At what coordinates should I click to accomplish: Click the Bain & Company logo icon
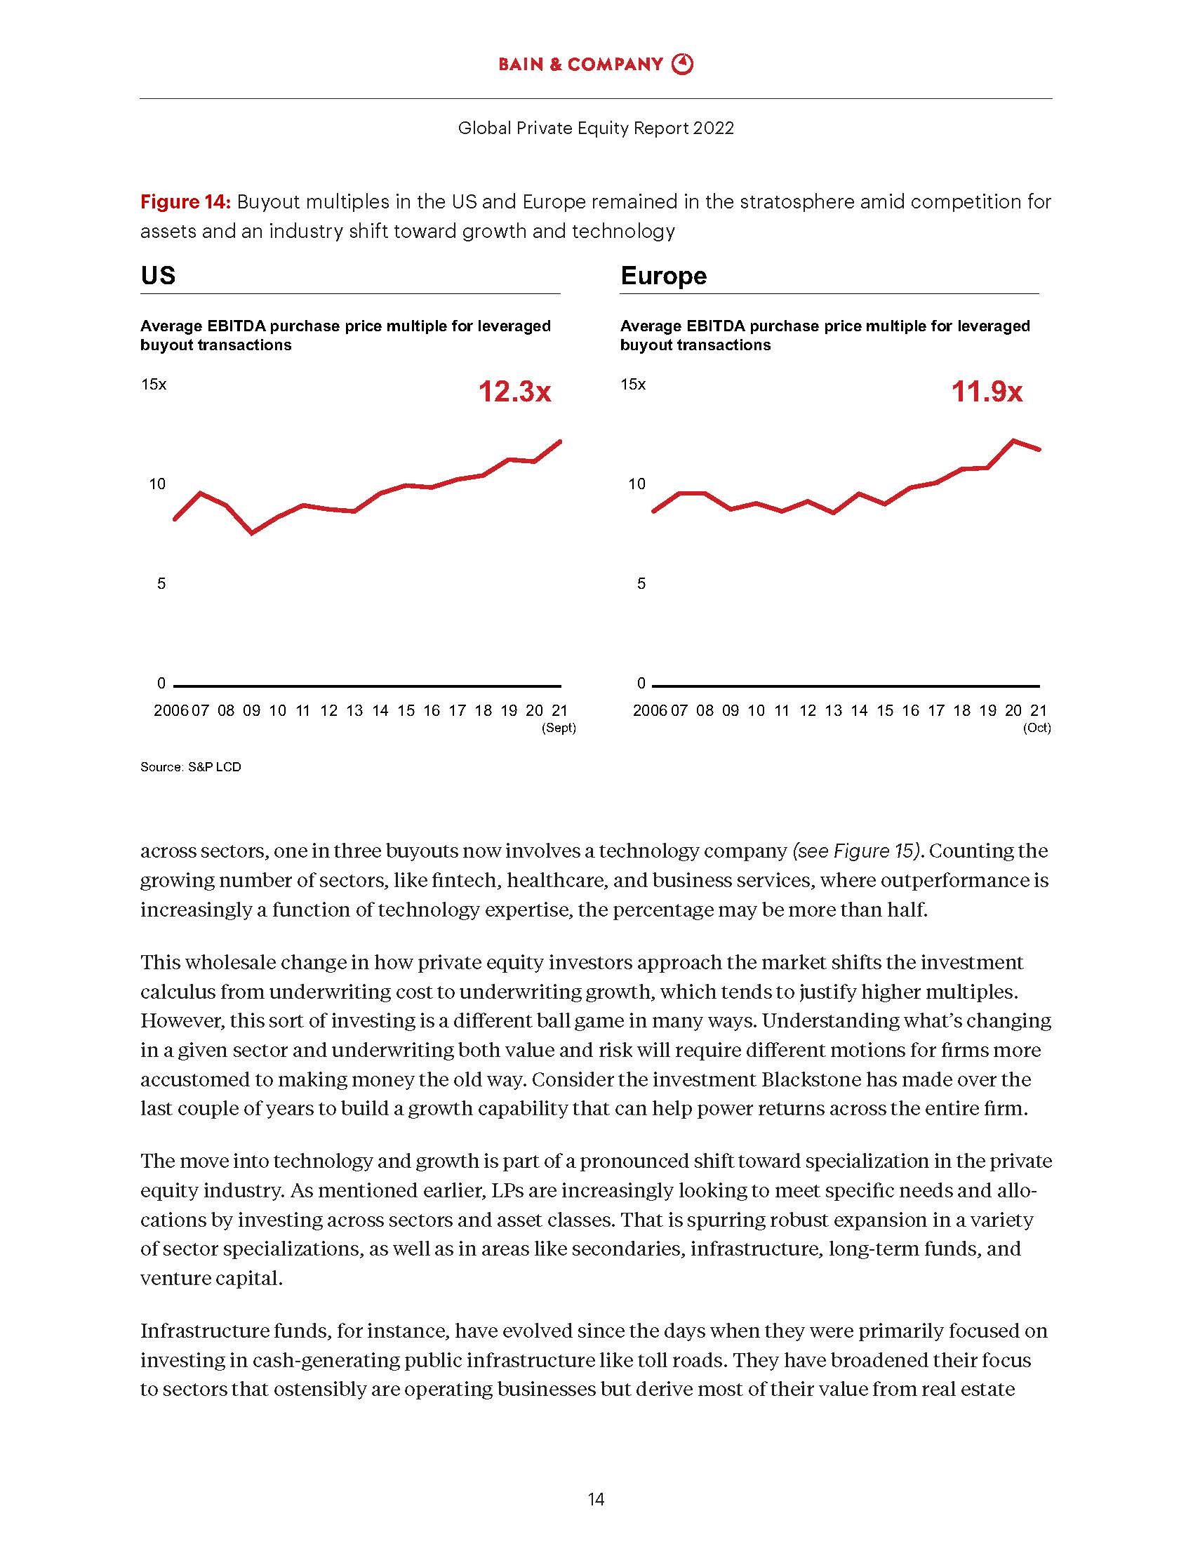(682, 65)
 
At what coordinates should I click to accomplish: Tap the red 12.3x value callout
(514, 392)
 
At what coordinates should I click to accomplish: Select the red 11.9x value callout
(987, 392)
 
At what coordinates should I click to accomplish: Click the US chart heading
(158, 275)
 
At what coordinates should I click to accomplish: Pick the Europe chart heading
(663, 275)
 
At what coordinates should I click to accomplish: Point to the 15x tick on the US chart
(154, 385)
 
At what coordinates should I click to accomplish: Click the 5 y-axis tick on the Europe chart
(641, 584)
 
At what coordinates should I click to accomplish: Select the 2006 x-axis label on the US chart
(171, 710)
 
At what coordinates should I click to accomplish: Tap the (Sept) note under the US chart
(559, 728)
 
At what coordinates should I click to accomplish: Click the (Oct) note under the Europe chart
(1037, 728)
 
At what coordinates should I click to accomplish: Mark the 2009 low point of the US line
(253, 533)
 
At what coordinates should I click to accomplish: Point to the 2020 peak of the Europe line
(1013, 441)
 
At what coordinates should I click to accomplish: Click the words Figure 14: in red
(185, 202)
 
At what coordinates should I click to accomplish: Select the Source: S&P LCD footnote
(191, 767)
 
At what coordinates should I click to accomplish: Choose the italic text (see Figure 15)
(858, 851)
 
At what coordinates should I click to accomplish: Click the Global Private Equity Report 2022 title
(596, 128)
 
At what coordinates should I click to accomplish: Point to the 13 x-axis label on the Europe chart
(833, 710)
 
